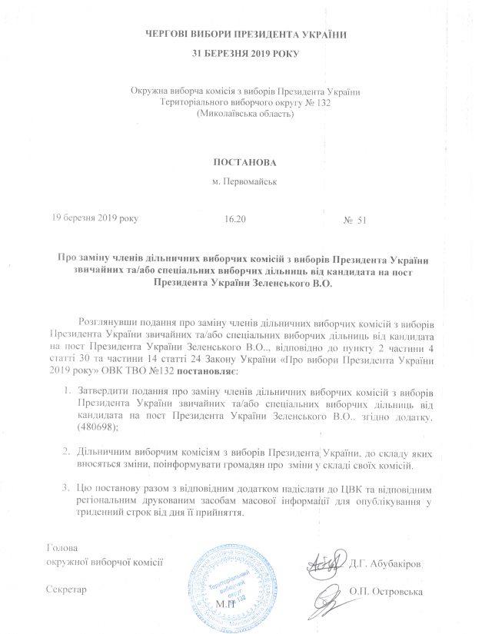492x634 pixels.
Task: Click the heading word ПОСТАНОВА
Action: coord(244,164)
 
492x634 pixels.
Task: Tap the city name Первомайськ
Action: coord(244,183)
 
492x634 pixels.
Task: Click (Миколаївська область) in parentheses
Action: coord(245,114)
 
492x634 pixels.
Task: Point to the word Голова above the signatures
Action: coord(63,549)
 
